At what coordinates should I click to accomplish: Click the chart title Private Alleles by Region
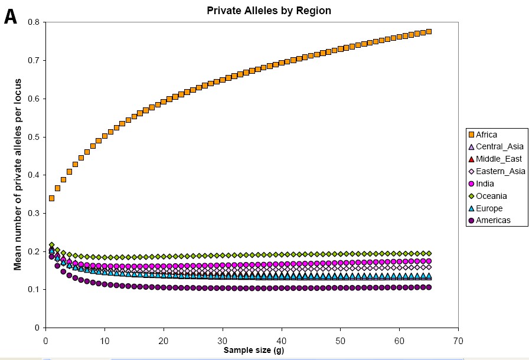(x=269, y=11)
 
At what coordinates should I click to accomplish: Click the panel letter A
(x=11, y=17)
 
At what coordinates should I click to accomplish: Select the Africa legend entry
(x=486, y=135)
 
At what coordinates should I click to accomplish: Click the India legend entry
(x=485, y=184)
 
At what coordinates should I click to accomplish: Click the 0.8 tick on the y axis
(x=34, y=22)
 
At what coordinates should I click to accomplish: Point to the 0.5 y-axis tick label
(x=34, y=137)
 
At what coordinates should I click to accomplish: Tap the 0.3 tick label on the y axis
(x=34, y=213)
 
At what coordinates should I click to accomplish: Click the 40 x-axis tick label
(x=282, y=340)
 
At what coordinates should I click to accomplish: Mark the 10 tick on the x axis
(x=105, y=340)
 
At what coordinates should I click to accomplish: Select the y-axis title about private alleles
(x=18, y=175)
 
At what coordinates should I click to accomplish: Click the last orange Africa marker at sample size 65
(x=429, y=31)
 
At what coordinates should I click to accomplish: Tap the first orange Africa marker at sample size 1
(x=51, y=198)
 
